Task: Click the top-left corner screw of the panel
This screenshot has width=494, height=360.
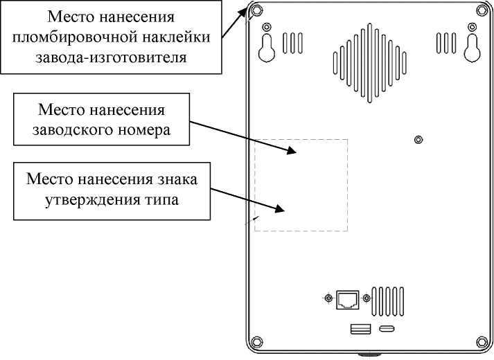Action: [256, 10]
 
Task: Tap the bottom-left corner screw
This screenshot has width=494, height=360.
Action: [256, 341]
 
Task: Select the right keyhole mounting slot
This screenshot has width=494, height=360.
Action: [473, 46]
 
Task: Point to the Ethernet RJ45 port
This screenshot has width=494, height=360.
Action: [347, 298]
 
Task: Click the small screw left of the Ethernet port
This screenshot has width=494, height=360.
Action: [328, 298]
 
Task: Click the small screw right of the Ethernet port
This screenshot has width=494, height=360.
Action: [366, 298]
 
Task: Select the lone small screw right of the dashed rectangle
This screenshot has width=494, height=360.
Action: [418, 140]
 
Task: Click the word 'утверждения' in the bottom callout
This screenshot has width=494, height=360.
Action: [73, 200]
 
